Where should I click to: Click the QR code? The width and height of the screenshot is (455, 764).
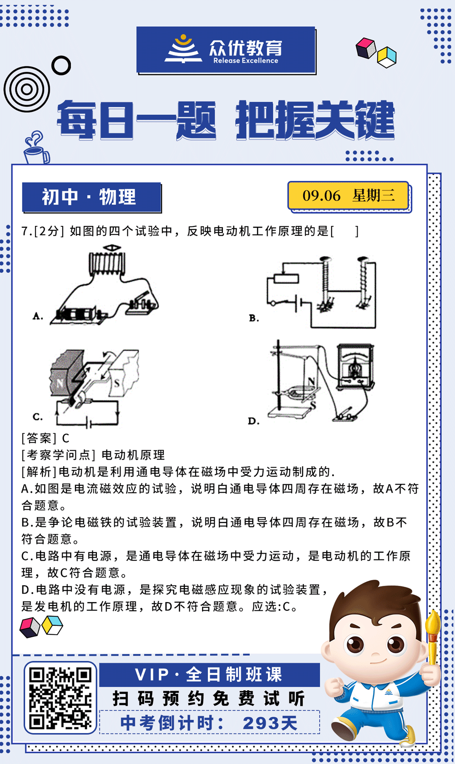tap(60, 698)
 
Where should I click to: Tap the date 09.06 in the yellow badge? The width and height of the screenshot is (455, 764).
tap(321, 196)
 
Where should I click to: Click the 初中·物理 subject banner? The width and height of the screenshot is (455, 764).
tap(91, 197)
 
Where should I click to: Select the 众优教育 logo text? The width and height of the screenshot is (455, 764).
tap(246, 48)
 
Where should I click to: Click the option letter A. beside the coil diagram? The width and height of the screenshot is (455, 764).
tap(38, 316)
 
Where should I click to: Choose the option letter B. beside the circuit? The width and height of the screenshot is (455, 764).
tap(254, 318)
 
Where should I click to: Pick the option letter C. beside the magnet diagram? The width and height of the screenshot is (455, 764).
tap(38, 416)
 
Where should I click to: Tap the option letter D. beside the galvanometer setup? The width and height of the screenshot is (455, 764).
tap(253, 421)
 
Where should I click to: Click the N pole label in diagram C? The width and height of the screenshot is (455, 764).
tap(60, 383)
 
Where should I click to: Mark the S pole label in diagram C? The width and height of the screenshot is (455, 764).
tap(117, 383)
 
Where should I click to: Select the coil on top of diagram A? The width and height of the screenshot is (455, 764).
tap(106, 263)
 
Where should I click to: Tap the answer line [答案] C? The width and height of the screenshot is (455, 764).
tap(45, 438)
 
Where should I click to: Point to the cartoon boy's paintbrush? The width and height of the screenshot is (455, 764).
tap(433, 636)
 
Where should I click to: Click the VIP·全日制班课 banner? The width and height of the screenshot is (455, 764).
tap(209, 674)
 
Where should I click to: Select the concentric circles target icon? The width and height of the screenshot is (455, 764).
tap(26, 89)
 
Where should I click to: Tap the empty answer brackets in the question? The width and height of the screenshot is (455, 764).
tap(344, 231)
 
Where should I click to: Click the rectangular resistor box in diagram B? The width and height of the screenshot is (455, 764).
tap(286, 278)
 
